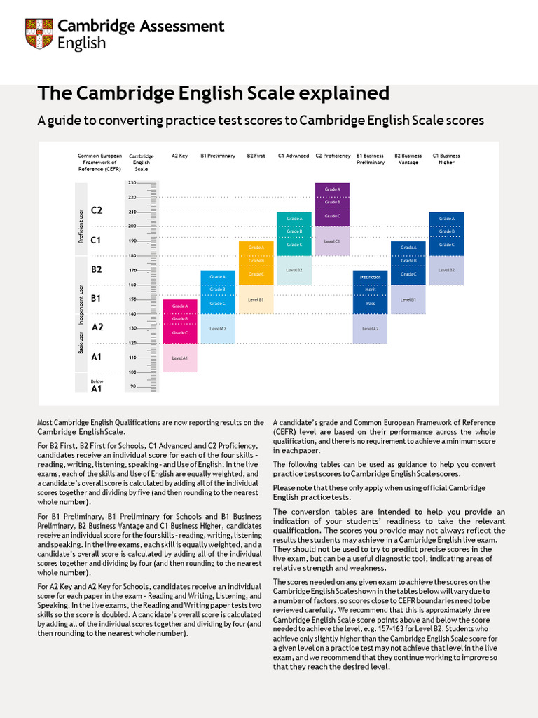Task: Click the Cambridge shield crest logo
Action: (39, 34)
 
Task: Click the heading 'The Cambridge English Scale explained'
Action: (213, 93)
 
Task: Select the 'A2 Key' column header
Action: (179, 156)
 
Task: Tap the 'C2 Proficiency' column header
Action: (333, 156)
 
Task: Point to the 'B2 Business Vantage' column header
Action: (408, 158)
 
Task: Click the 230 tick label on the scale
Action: (132, 182)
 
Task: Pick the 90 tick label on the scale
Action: (132, 386)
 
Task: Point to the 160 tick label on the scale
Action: (132, 285)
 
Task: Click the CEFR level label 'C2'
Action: (97, 210)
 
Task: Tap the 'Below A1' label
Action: (97, 385)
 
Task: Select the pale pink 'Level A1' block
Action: (180, 358)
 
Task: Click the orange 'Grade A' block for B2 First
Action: (256, 248)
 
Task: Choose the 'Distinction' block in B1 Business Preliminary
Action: (371, 277)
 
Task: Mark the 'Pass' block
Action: (371, 304)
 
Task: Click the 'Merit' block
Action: (371, 290)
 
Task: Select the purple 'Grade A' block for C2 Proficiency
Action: (333, 189)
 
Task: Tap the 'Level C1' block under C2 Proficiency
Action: (333, 241)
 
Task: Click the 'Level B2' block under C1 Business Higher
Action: (446, 270)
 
